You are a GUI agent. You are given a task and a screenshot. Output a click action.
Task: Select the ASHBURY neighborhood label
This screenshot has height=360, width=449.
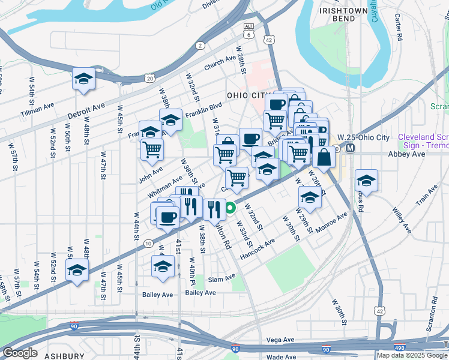[x=64, y=356]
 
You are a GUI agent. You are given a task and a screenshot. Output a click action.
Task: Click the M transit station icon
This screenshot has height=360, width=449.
[x=349, y=148]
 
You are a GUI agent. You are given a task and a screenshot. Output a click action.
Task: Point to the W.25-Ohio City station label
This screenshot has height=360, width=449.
[x=363, y=137]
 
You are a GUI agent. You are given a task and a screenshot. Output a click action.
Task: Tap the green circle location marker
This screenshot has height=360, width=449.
[x=231, y=209]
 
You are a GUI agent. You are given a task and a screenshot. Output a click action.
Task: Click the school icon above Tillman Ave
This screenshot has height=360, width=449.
[x=84, y=79]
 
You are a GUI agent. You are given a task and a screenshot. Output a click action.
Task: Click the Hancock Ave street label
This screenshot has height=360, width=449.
[x=257, y=247]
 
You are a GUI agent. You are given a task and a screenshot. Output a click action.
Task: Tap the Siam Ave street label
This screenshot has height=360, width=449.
[x=222, y=278]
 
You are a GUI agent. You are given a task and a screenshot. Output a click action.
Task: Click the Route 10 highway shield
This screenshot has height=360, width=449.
[x=148, y=243]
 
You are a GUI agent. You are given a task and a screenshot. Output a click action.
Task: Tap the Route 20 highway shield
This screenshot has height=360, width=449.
[x=149, y=78]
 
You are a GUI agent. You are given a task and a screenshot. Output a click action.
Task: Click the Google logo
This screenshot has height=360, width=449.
[x=20, y=352]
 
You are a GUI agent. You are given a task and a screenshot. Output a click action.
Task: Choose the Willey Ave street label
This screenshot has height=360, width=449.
[x=402, y=220]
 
